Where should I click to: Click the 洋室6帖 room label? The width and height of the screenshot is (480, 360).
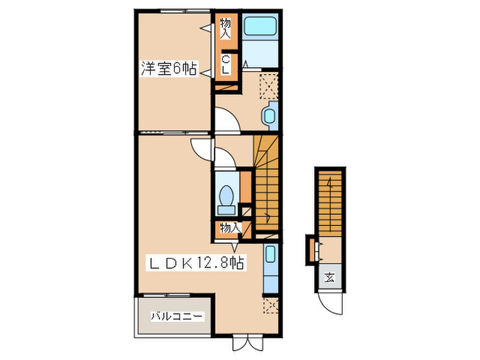pyautogui.click(x=169, y=69)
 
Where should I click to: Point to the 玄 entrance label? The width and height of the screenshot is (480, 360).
pyautogui.click(x=329, y=278)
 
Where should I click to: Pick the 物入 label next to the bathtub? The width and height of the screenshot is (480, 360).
pyautogui.click(x=225, y=28)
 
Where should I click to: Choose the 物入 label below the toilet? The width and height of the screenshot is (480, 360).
pyautogui.click(x=229, y=228)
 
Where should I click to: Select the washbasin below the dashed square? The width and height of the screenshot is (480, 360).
pyautogui.click(x=269, y=115)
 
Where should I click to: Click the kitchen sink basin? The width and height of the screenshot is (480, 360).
pyautogui.click(x=269, y=257)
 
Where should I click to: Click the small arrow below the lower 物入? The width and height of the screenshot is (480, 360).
pyautogui.click(x=235, y=245)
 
